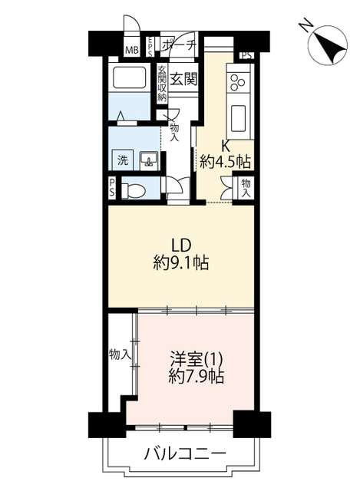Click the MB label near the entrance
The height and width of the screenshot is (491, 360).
coord(132,50)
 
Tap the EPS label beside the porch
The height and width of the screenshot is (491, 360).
coord(150,47)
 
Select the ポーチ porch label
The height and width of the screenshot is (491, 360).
coord(179,45)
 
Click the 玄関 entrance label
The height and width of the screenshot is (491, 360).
coord(183,79)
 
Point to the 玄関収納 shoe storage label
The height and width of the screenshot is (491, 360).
coord(162,84)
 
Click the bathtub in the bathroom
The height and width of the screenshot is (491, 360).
coord(129,77)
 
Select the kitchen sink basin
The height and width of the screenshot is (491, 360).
coord(239,119)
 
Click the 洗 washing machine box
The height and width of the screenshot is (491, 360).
coord(123,160)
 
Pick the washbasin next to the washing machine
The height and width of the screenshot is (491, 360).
coord(149,160)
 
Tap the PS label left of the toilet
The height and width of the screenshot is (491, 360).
coord(111,187)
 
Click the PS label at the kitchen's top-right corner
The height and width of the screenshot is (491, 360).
coord(247,56)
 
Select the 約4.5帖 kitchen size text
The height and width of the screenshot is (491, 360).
coord(226,162)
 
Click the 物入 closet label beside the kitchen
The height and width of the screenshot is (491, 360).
coord(246,188)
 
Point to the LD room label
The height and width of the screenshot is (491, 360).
coord(181,245)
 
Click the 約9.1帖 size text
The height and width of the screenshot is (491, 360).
coord(181,262)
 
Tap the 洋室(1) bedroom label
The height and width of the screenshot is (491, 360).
coord(197,359)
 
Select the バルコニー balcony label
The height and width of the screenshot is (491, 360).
coord(185,453)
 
